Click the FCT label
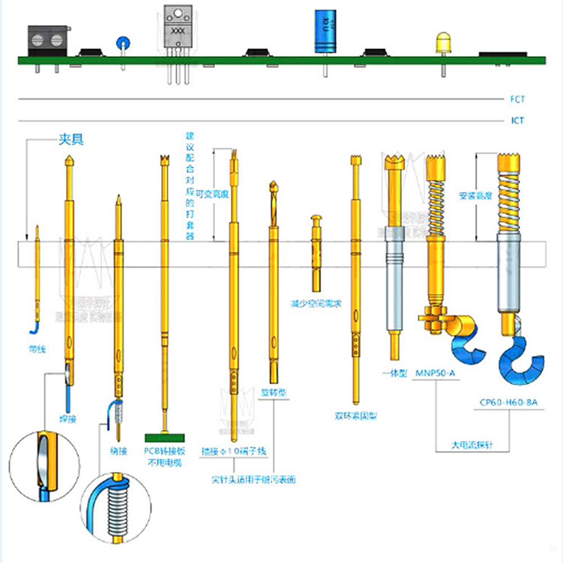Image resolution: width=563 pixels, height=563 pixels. pyautogui.click(x=517, y=100)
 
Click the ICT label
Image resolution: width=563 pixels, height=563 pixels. pyautogui.click(x=517, y=120)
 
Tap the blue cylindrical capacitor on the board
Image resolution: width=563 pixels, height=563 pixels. pyautogui.click(x=325, y=32)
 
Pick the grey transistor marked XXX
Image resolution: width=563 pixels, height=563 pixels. pyautogui.click(x=177, y=29)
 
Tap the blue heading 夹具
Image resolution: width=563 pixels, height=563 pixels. pyautogui.click(x=71, y=139)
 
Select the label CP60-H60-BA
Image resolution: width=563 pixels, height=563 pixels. pyautogui.click(x=508, y=403)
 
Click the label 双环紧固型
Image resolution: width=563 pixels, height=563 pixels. pyautogui.click(x=356, y=416)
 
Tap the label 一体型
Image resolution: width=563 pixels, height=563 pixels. pyautogui.click(x=394, y=373)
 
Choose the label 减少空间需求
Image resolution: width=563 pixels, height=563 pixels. pyautogui.click(x=316, y=303)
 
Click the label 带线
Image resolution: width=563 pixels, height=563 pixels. pyautogui.click(x=37, y=350)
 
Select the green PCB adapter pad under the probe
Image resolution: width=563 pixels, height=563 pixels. pyautogui.click(x=166, y=437)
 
